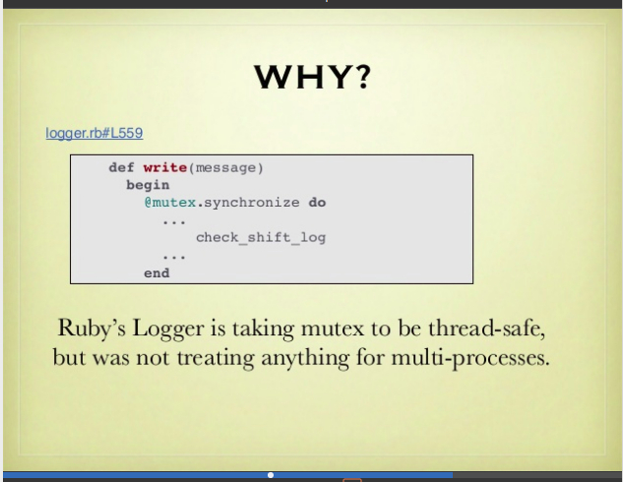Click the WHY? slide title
pos(312,77)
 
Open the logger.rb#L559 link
pos(94,133)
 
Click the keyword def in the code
pos(122,167)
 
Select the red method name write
pos(165,167)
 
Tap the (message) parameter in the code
pos(225,168)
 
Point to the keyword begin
pos(148,185)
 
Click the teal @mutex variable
pos(170,203)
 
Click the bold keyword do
pos(318,203)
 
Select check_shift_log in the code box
pos(261,237)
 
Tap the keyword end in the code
pos(156,273)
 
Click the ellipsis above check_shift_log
pos(174,222)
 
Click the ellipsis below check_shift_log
pos(174,258)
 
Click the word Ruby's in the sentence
pos(92,330)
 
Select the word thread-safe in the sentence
pos(486,329)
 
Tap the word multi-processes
pos(470,358)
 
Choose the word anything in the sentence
pos(305,358)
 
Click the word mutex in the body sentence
pos(333,330)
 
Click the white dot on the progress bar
pos(271,475)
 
